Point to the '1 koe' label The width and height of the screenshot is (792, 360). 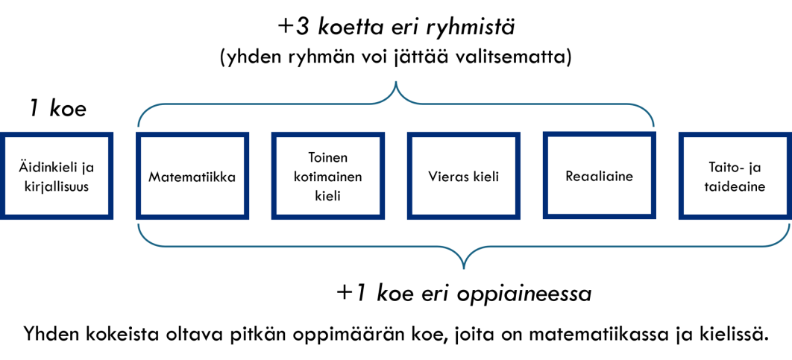pos(57,109)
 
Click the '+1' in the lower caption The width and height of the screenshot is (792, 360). pos(351,294)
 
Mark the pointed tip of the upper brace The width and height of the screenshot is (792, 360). pos(395,82)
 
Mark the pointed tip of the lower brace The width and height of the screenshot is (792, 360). pos(464,268)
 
